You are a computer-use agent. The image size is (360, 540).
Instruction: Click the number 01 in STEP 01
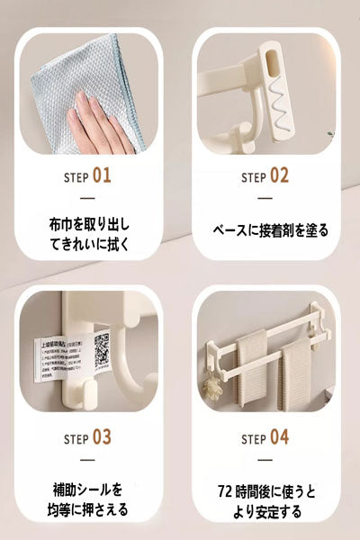coord(102,175)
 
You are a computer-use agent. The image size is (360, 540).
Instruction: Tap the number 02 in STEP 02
coord(279,175)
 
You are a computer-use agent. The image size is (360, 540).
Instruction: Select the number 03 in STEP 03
coord(102,438)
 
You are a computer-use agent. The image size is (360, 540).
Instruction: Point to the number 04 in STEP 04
coord(279,438)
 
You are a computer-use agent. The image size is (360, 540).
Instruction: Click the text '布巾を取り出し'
coord(87,221)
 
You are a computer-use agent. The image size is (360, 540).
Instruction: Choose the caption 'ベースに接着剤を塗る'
coord(270,230)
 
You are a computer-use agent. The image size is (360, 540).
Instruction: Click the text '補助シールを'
coord(87,490)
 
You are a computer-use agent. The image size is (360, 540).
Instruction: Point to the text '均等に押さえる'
coord(87,509)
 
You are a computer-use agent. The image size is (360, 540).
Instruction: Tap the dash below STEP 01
coord(87,198)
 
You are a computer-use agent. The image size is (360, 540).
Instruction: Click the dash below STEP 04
coord(266,462)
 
